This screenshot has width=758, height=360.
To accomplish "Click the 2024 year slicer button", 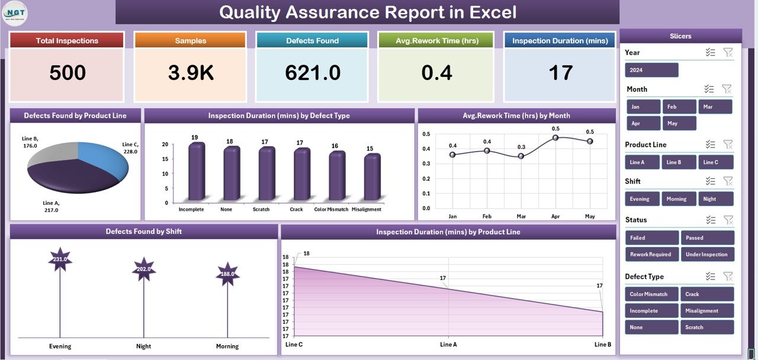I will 651,70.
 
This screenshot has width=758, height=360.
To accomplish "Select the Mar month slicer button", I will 715,107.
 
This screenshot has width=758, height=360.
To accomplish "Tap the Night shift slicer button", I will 715,199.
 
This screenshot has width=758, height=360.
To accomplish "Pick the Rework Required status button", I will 651,254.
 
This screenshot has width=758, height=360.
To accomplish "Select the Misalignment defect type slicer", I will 707,310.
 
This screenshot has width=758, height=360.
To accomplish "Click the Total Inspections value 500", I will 68,73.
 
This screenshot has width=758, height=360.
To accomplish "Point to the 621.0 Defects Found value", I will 312,73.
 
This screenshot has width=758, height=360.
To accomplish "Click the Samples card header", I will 190,41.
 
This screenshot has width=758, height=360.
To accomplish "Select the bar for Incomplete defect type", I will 196,172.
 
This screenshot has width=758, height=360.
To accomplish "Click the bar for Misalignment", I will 371,178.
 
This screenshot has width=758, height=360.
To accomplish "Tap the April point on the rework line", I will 555,137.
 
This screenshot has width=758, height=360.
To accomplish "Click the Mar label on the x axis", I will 521,217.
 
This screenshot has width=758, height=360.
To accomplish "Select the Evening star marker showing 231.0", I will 60,259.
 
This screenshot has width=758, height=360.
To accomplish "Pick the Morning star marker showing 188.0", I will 227,274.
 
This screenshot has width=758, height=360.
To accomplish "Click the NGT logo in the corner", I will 14,13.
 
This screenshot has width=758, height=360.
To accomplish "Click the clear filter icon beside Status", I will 728,220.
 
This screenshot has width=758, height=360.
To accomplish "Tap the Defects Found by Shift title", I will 143,232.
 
